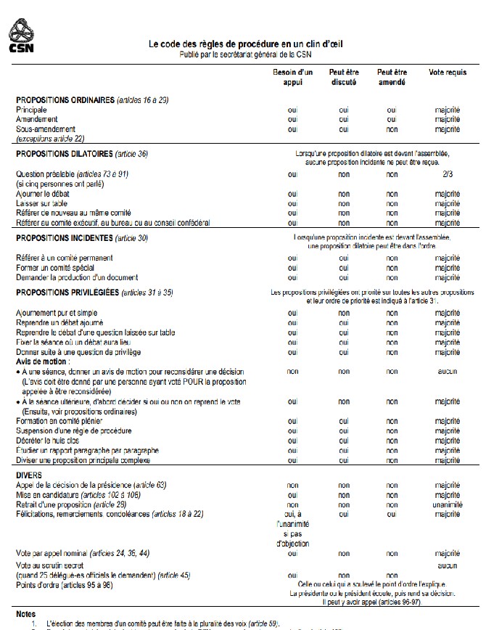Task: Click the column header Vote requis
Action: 448,73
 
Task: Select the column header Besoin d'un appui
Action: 292,77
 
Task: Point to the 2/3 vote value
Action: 448,174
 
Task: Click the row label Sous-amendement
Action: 46,128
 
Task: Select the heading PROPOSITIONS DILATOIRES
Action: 65,155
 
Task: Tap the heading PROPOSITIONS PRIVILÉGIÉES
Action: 67,292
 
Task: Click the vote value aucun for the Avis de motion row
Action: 448,371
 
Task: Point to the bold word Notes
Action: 25,613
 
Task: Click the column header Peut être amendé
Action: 392,77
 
